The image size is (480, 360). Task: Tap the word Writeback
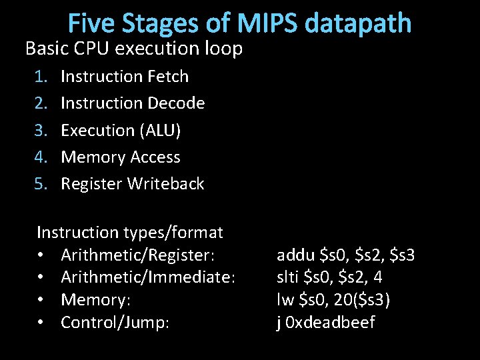pyautogui.click(x=167, y=184)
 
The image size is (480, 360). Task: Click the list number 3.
pyautogui.click(x=41, y=131)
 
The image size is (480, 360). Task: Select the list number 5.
pyautogui.click(x=41, y=184)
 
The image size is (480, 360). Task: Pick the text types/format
pyautogui.click(x=173, y=233)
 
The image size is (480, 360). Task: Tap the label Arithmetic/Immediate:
pyautogui.click(x=147, y=278)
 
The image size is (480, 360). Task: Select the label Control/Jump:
pyautogui.click(x=115, y=323)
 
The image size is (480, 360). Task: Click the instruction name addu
pyautogui.click(x=296, y=255)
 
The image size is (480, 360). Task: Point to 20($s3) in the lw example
pyautogui.click(x=359, y=301)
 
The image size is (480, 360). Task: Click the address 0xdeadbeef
pyautogui.click(x=331, y=323)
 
